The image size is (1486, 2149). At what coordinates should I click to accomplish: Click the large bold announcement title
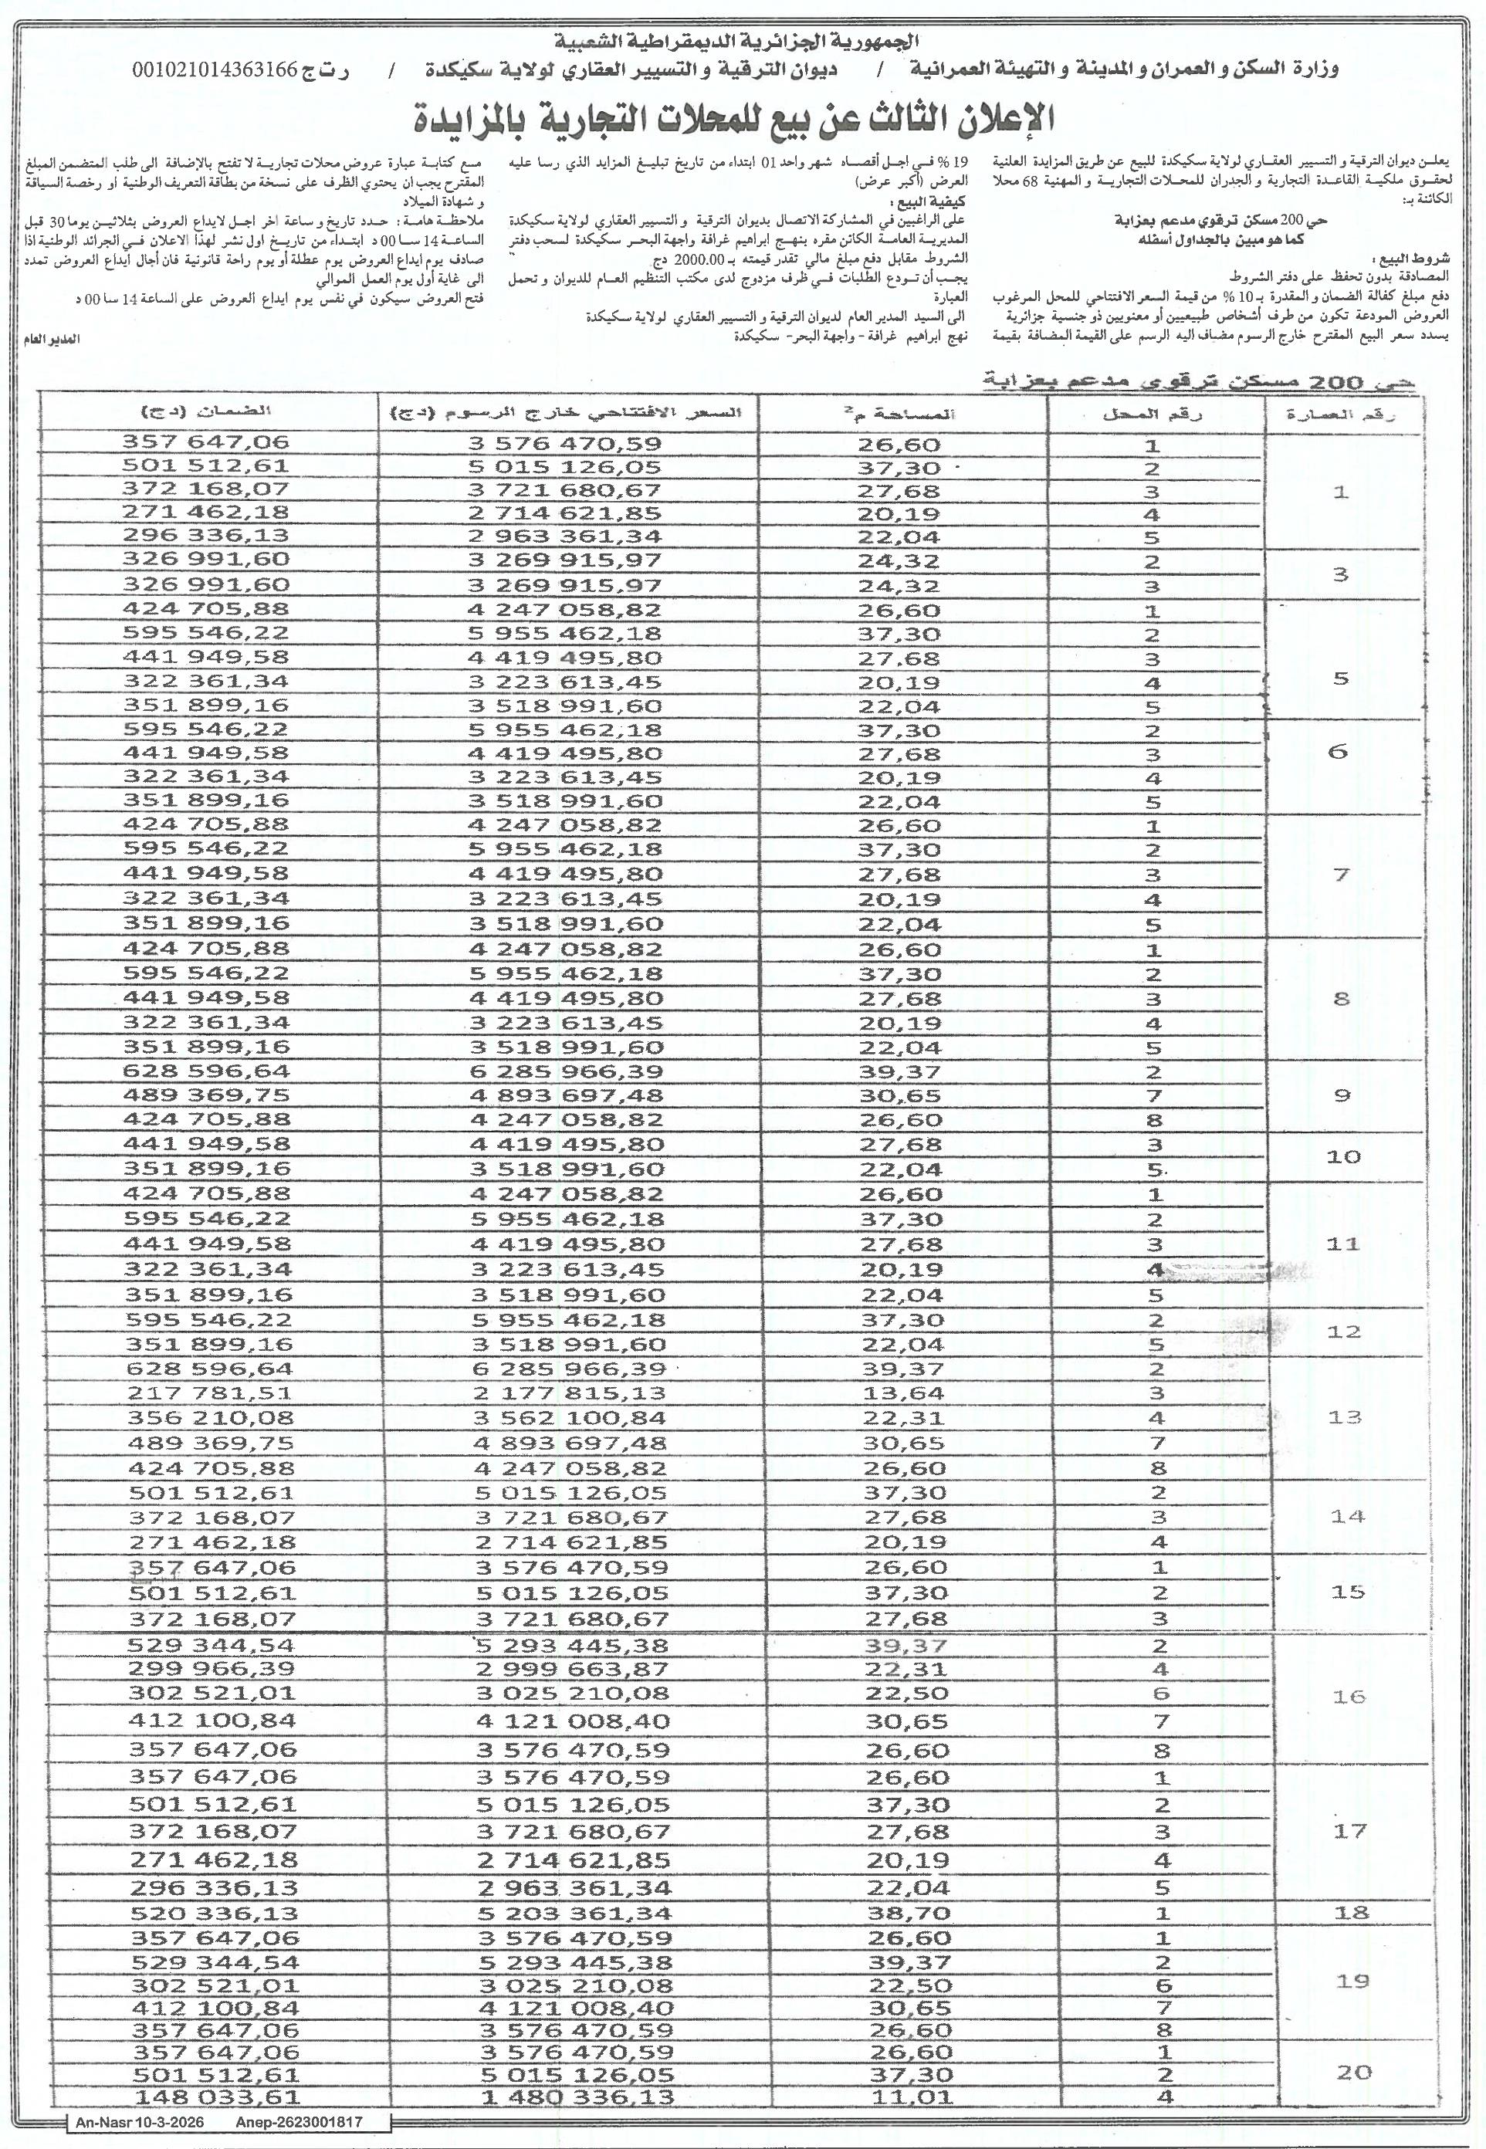point(735,118)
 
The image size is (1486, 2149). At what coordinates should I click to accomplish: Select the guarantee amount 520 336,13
point(213,1914)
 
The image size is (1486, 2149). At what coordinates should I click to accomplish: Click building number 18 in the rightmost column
point(1351,1914)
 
